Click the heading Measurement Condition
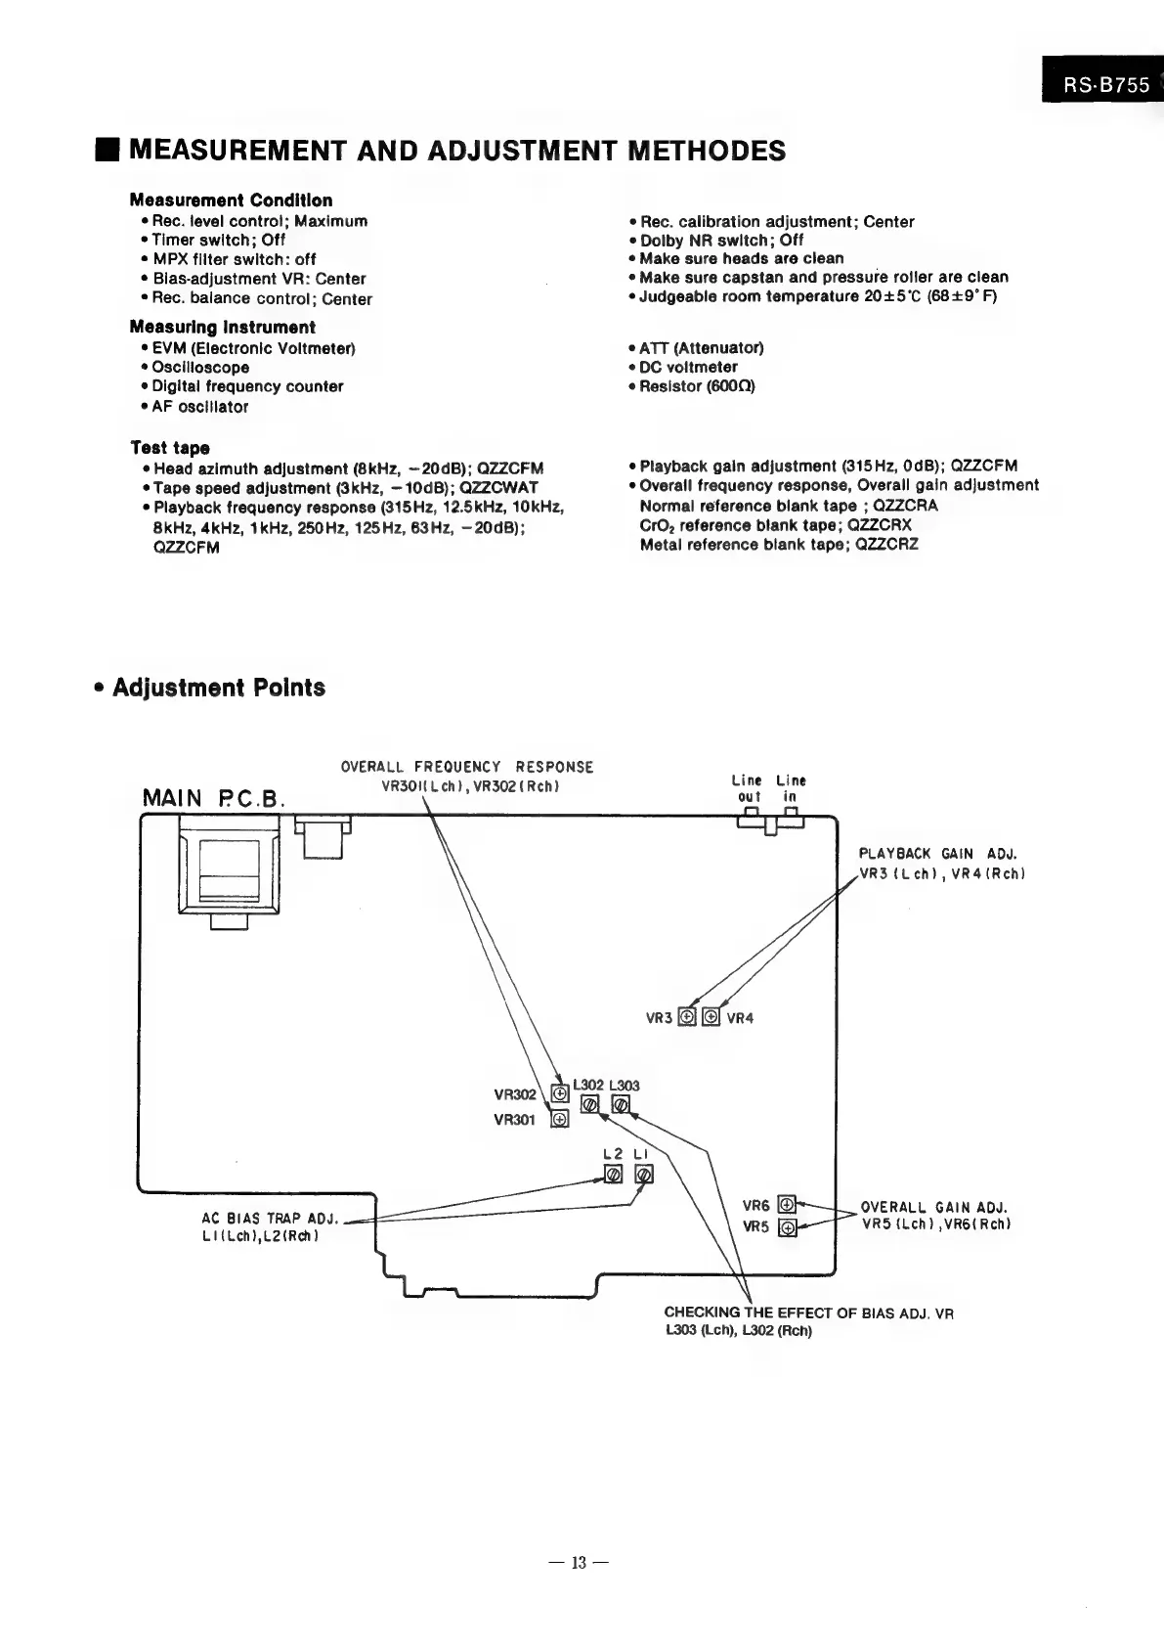231,200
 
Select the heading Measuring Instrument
223,328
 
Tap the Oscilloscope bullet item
200,368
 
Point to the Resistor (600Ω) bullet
697,386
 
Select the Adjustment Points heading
219,688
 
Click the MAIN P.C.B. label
214,799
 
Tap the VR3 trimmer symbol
687,1017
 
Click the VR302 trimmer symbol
560,1093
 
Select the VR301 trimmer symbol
560,1119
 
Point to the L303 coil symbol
621,1105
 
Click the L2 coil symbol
614,1175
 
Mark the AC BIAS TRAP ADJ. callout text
269,1219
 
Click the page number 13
579,1563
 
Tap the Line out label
748,788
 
